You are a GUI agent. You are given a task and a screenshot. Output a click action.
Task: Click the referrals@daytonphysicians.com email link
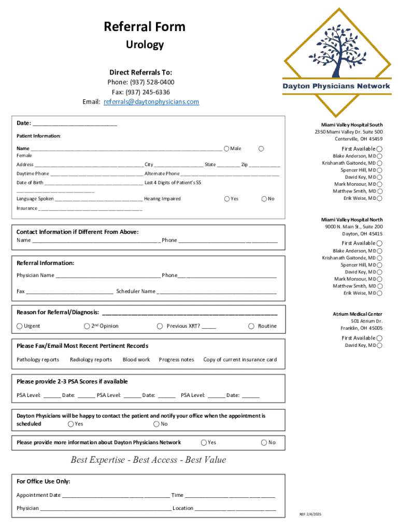(151, 102)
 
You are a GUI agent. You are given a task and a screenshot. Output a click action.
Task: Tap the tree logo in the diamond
(337, 52)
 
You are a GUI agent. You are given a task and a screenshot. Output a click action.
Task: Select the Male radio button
(226, 149)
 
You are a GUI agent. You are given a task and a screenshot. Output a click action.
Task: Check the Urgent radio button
(20, 326)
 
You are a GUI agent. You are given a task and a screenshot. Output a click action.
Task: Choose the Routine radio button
(251, 326)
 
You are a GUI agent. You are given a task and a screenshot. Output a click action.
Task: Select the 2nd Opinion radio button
(87, 326)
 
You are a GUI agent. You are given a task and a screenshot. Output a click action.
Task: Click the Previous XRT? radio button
(160, 326)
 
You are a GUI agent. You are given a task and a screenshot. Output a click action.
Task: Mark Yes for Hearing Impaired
(226, 199)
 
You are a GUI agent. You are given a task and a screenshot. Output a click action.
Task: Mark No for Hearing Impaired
(264, 199)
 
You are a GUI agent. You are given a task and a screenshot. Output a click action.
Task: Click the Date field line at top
(75, 124)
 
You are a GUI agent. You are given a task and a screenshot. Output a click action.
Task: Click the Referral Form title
(145, 27)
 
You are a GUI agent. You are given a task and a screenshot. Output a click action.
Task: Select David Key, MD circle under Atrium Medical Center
(380, 345)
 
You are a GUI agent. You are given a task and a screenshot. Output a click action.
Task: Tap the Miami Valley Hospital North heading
(352, 220)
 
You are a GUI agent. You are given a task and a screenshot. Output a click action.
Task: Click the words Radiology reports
(91, 360)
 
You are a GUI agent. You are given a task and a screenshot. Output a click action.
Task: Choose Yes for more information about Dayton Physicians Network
(203, 443)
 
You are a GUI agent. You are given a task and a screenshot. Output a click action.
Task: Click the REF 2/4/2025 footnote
(310, 514)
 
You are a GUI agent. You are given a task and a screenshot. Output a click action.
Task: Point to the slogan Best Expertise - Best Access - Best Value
(148, 460)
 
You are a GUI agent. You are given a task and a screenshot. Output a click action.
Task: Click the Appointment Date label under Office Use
(38, 495)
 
